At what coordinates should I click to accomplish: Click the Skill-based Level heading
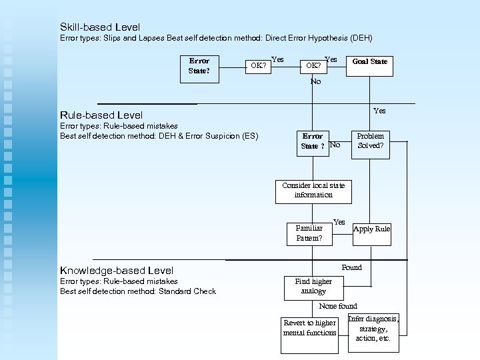(100, 27)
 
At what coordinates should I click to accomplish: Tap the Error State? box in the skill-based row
(199, 69)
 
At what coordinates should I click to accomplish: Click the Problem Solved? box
(370, 140)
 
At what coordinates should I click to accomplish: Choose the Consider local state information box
(313, 190)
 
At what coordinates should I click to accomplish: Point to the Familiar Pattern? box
(309, 232)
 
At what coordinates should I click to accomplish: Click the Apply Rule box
(371, 229)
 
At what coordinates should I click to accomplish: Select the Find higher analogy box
(313, 286)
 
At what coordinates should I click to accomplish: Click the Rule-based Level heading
(101, 115)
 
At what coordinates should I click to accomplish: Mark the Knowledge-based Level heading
(117, 271)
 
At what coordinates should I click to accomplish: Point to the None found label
(337, 306)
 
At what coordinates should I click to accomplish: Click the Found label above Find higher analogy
(351, 267)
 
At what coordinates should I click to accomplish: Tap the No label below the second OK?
(315, 81)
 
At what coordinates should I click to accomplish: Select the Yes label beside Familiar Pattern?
(339, 222)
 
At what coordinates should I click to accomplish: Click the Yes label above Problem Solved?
(379, 111)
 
